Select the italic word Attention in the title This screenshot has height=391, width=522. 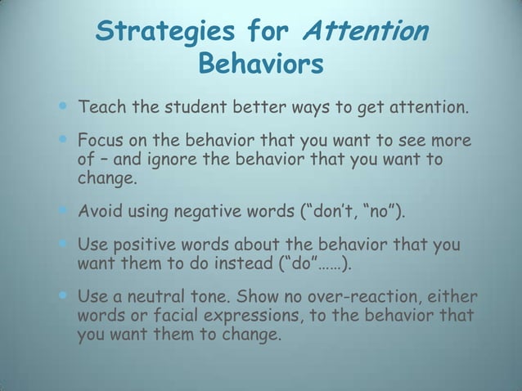[365, 32]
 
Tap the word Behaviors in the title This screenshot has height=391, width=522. [261, 64]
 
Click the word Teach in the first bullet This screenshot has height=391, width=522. [99, 106]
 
